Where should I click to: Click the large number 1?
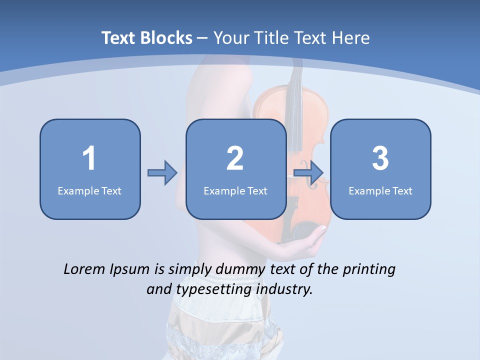tap(89, 158)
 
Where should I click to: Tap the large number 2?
tap(235, 158)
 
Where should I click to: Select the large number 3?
tap(380, 158)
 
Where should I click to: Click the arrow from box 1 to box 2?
tap(162, 173)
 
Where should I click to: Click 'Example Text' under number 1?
tap(89, 190)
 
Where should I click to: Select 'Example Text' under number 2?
tap(235, 190)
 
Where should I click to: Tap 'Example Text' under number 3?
tap(380, 190)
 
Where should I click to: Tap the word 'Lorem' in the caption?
tap(84, 269)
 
